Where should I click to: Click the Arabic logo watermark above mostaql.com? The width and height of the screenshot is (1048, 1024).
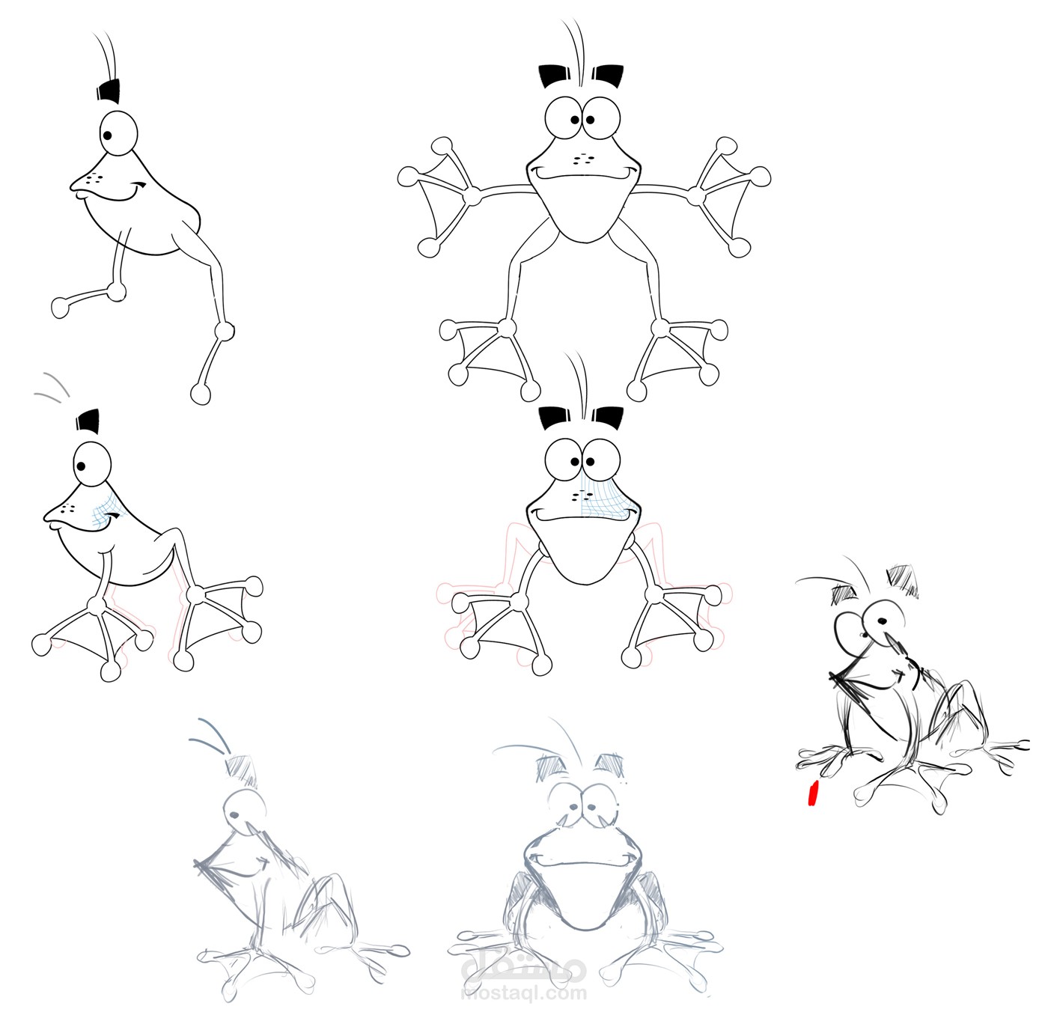[524, 969]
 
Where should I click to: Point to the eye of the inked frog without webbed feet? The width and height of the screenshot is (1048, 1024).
[118, 135]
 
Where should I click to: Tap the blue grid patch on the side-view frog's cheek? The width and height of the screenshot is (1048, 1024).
[105, 510]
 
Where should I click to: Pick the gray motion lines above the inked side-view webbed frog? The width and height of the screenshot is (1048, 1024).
[52, 384]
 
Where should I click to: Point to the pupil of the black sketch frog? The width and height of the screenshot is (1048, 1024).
[883, 621]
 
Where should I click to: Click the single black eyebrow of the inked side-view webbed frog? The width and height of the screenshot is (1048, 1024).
[88, 421]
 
